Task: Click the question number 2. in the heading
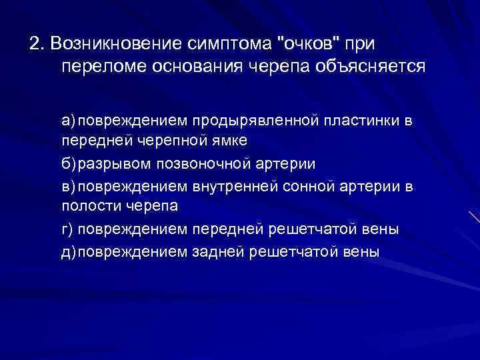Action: (36, 44)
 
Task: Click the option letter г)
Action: (69, 229)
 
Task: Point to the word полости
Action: (89, 207)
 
